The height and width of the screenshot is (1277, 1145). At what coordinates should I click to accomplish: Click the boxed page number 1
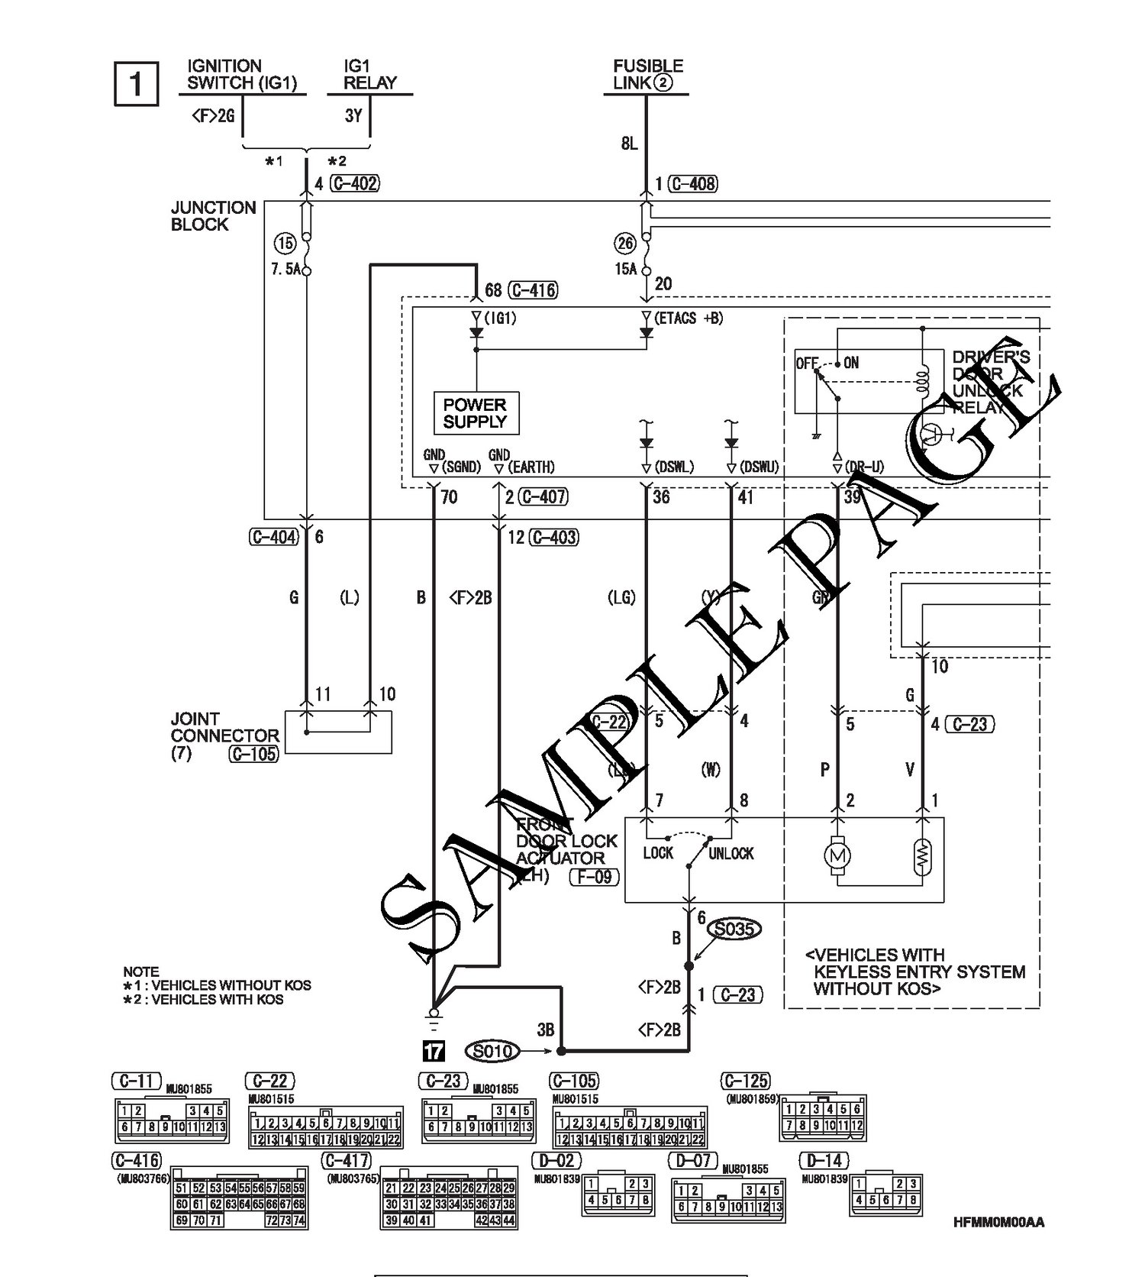pos(136,82)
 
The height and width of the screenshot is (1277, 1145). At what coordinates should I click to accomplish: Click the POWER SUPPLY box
pos(475,413)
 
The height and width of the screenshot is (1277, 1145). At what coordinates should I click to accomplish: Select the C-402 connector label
pos(356,183)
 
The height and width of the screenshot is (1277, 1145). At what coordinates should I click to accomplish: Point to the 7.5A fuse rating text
pos(286,269)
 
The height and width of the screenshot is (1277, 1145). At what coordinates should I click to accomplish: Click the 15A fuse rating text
pos(626,269)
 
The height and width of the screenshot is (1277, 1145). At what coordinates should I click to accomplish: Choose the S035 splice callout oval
pos(735,929)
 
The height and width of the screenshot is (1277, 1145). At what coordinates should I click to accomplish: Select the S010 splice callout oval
pos(493,1052)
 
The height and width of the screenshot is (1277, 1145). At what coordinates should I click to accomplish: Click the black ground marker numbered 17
pos(433,1052)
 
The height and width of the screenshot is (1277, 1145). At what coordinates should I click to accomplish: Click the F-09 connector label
pos(594,876)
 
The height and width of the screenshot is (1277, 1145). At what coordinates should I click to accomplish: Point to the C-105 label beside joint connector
pos(253,754)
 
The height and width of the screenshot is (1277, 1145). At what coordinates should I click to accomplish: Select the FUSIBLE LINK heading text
pos(647,74)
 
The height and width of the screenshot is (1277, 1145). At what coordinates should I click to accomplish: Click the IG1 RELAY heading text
pos(369,74)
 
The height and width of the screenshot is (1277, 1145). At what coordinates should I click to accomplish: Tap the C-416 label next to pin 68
pos(532,290)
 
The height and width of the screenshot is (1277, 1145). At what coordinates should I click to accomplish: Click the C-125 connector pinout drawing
pos(823,1118)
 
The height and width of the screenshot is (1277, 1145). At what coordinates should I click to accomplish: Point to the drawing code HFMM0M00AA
pos(998,1222)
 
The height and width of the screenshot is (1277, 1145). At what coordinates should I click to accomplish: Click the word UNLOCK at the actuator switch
pos(731,853)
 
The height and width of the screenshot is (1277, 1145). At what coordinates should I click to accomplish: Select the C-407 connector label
pos(543,496)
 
